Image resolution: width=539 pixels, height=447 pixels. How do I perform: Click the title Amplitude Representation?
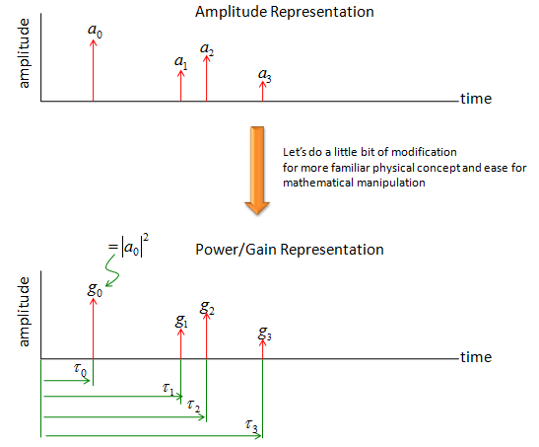click(285, 12)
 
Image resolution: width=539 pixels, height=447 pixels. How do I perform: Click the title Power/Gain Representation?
click(290, 250)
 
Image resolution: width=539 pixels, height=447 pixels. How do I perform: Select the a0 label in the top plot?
click(95, 31)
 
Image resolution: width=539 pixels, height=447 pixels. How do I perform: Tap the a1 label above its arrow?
click(180, 62)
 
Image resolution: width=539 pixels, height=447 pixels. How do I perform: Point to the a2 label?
click(207, 49)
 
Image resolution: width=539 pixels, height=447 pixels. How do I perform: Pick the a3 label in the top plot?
click(265, 75)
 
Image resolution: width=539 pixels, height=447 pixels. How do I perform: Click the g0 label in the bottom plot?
click(95, 290)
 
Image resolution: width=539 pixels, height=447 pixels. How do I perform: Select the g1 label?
click(181, 322)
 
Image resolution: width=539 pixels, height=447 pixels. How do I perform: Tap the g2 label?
click(207, 308)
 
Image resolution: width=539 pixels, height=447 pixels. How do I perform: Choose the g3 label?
click(265, 334)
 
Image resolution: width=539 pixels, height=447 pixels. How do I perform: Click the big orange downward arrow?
click(257, 171)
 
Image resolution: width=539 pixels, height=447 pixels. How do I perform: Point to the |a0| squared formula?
click(128, 246)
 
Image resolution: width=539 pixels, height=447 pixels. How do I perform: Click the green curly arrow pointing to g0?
click(112, 270)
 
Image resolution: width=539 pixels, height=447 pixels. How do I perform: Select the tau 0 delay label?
click(81, 370)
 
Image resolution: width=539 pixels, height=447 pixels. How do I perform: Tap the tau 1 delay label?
click(168, 389)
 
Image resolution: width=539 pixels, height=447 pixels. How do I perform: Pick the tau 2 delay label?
click(193, 407)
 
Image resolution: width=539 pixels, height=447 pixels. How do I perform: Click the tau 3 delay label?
click(251, 426)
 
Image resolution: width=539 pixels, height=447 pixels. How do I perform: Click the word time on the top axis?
click(476, 99)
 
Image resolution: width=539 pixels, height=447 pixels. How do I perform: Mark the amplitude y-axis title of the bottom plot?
click(24, 312)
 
